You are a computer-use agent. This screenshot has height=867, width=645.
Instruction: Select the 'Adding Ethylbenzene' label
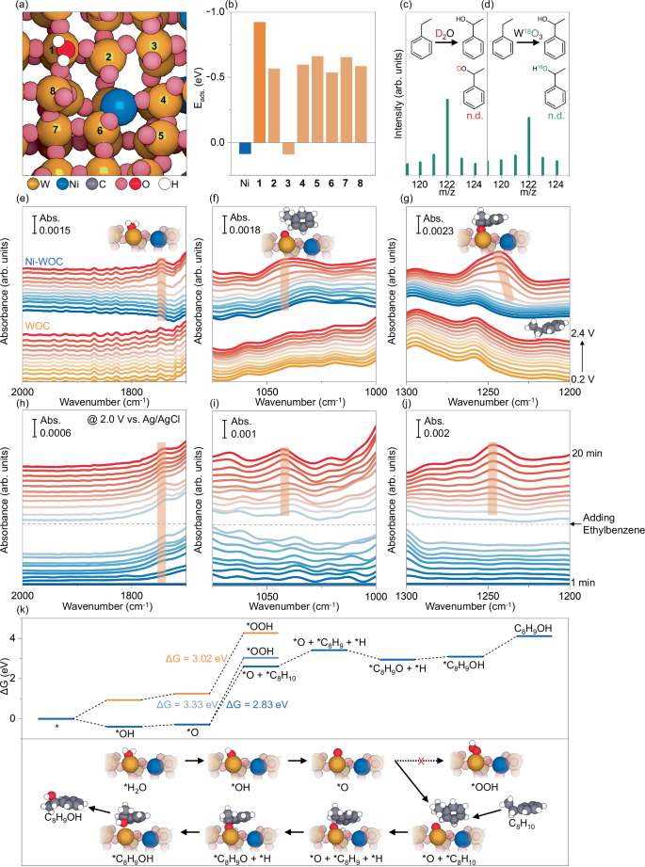coord(605,524)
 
